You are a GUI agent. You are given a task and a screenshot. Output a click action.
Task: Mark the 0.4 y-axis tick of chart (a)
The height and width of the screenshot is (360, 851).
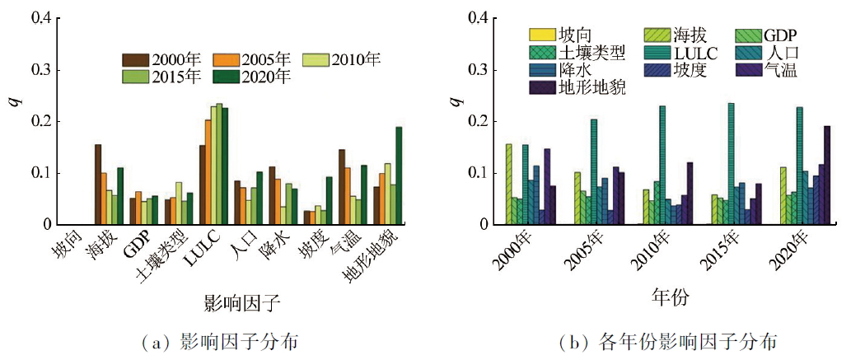pos(40,18)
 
